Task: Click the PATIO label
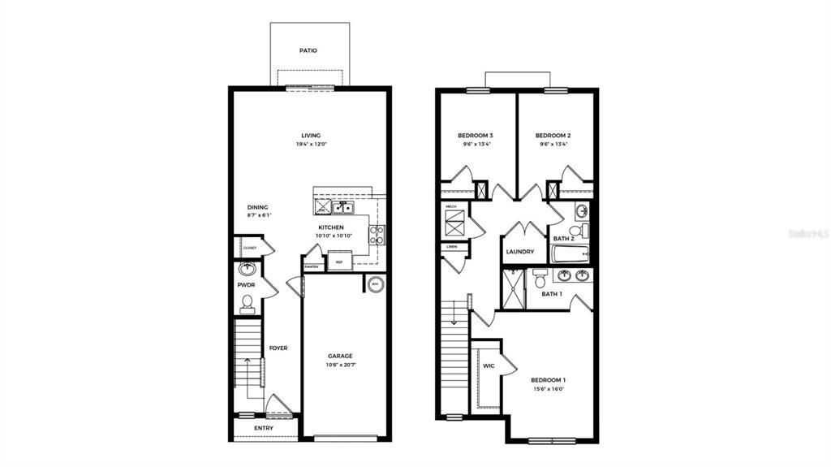click(x=308, y=50)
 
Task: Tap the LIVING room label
click(x=311, y=136)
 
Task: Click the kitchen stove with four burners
click(x=377, y=235)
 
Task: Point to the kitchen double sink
click(x=342, y=208)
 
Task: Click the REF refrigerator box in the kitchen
click(x=339, y=262)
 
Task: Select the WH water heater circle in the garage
click(x=375, y=284)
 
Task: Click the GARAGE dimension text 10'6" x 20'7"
click(x=340, y=365)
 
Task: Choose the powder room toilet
click(x=248, y=305)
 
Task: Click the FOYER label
click(x=278, y=348)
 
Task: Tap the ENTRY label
click(x=264, y=428)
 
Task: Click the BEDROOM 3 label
click(x=476, y=136)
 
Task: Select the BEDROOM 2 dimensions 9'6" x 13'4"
click(x=553, y=145)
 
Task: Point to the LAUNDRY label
click(x=520, y=252)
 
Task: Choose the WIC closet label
click(x=489, y=366)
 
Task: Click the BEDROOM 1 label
click(x=549, y=380)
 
